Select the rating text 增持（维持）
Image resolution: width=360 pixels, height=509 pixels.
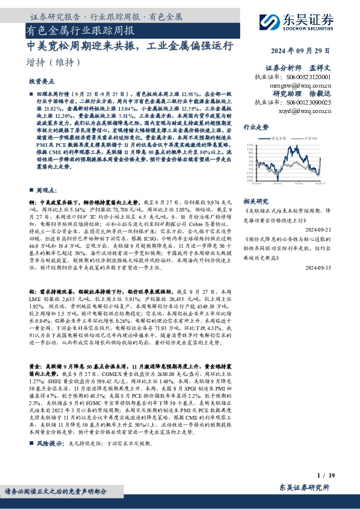tap(54, 62)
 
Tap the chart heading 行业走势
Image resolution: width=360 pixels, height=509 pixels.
tap(255, 128)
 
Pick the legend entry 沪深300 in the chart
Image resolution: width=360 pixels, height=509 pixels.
tap(301, 139)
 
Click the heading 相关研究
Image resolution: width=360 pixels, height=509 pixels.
tap(255, 200)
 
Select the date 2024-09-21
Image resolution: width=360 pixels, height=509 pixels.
tap(327, 230)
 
